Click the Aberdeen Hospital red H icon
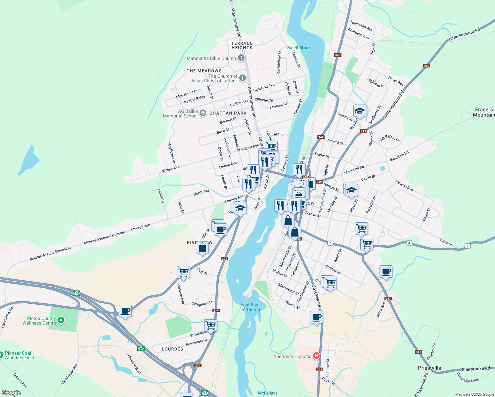(316, 356)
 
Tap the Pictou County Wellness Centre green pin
(61, 320)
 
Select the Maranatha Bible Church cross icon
(241, 58)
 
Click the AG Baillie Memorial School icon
(203, 113)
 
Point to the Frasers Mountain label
(484, 112)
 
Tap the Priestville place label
(429, 368)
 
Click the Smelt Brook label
(299, 48)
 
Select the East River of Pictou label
(251, 307)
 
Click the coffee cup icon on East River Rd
(317, 317)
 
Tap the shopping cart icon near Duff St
(183, 272)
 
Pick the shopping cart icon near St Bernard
(210, 325)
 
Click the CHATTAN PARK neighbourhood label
(228, 113)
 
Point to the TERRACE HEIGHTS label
(242, 46)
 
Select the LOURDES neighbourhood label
(172, 349)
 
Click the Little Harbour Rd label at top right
(464, 34)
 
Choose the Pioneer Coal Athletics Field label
(20, 355)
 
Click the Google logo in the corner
(11, 393)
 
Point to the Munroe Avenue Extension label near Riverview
(105, 238)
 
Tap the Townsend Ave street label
(361, 26)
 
